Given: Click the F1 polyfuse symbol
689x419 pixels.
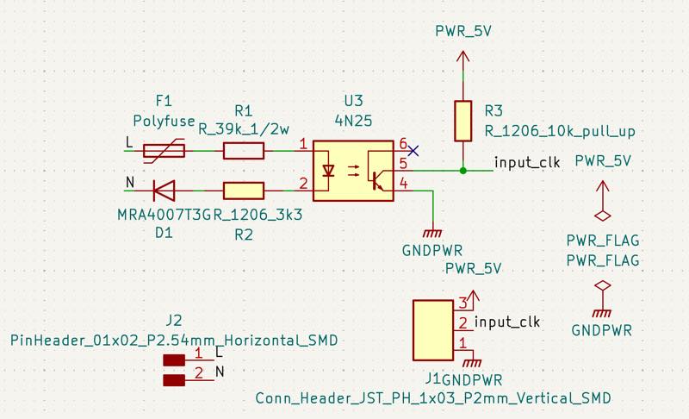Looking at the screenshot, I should click(x=164, y=151).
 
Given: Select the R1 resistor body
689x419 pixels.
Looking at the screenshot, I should click(x=244, y=151).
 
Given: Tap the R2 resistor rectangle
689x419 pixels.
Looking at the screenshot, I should click(x=244, y=191).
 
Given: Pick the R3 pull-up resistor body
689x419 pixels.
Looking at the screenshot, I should click(x=463, y=121).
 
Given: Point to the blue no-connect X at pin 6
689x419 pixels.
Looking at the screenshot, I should click(x=413, y=150).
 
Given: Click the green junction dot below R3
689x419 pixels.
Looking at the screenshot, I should click(x=463, y=171).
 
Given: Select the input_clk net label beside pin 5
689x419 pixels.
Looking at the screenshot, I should click(x=527, y=162).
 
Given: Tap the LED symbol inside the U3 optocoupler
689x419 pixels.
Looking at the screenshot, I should click(x=328, y=171).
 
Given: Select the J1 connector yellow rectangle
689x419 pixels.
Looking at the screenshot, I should click(x=433, y=330).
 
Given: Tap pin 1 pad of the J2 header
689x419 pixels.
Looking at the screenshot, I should click(x=175, y=360).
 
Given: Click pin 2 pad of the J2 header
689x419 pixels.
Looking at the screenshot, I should click(x=175, y=379).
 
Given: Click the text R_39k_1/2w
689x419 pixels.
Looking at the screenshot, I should click(x=244, y=129).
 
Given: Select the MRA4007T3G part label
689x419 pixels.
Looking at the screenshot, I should click(x=164, y=214).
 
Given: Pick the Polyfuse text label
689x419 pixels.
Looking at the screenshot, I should click(x=164, y=120).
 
